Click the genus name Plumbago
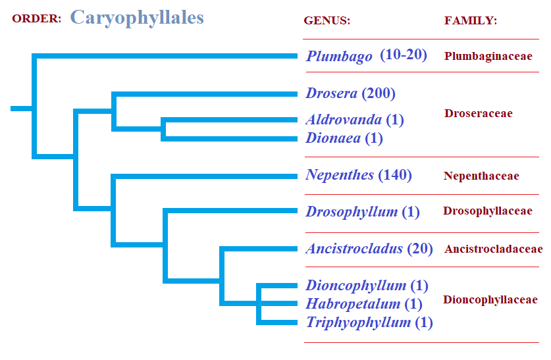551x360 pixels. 339,56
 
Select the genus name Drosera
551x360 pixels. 331,93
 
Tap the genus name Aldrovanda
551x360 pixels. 344,119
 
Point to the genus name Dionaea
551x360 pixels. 333,138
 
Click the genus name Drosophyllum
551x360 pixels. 352,212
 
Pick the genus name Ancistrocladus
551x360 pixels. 354,249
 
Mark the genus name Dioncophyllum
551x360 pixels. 356,286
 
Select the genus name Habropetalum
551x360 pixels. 353,304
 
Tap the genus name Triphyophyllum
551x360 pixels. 358,322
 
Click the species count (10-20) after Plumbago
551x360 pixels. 404,55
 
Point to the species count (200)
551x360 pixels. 379,93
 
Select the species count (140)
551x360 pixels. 395,175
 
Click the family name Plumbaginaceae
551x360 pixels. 488,56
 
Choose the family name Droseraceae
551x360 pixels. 479,113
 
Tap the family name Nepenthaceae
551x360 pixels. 481,176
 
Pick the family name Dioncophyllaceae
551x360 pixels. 490,299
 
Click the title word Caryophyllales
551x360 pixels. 137,18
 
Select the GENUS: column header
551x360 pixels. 327,20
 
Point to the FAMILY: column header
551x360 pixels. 471,20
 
